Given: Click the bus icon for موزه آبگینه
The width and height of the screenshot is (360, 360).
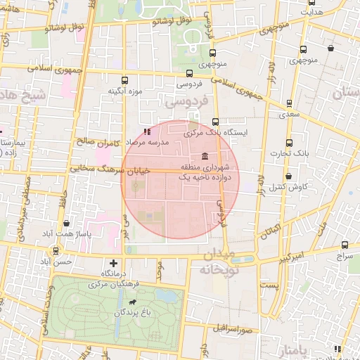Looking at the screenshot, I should [125, 80].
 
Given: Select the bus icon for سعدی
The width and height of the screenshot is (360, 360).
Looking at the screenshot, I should [289, 102].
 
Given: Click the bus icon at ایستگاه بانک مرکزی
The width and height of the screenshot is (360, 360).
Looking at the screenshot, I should [215, 122].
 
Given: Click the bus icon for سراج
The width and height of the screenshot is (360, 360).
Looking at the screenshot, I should [345, 245].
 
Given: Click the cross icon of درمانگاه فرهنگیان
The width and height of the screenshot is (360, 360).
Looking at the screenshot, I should [113, 263].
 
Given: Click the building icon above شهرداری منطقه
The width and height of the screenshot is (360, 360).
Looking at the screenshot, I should [205, 155].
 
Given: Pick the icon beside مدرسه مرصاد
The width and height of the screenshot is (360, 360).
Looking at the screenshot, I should [147, 131].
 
